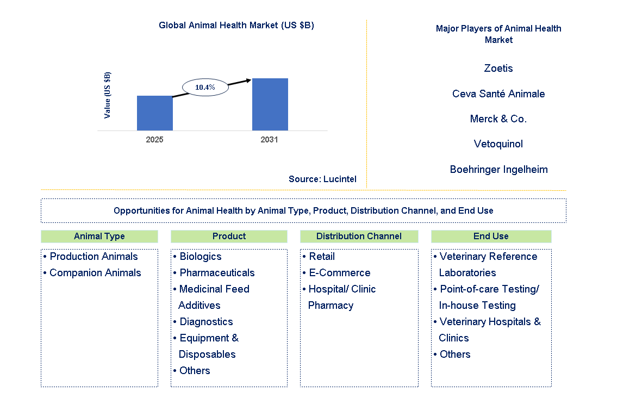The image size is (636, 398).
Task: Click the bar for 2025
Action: [x=154, y=113]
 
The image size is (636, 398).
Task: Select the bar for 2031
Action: [x=270, y=104]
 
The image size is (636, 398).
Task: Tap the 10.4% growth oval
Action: [x=205, y=87]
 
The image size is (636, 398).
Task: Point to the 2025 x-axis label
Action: [x=154, y=140]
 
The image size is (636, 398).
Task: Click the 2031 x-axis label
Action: [x=269, y=140]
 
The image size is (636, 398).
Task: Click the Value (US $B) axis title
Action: [x=108, y=95]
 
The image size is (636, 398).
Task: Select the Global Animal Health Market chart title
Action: [x=236, y=26]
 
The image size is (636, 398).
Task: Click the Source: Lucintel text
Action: [x=322, y=179]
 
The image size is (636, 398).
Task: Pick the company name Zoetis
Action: [x=498, y=69]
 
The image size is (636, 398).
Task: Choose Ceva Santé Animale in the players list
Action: [x=498, y=94]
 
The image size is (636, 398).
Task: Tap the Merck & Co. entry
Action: [x=498, y=119]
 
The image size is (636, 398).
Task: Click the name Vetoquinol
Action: [x=498, y=144]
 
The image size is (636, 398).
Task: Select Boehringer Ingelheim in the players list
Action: [x=498, y=170]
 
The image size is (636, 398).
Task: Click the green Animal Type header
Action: [x=99, y=237]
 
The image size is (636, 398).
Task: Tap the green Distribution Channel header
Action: [x=359, y=237]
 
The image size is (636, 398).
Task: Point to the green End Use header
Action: [x=491, y=237]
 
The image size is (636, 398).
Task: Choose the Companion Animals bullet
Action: [x=95, y=273]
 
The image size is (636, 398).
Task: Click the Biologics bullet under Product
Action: [x=201, y=257]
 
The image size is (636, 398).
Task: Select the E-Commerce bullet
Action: [x=339, y=273]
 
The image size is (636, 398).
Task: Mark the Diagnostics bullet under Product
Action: [x=206, y=322]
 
